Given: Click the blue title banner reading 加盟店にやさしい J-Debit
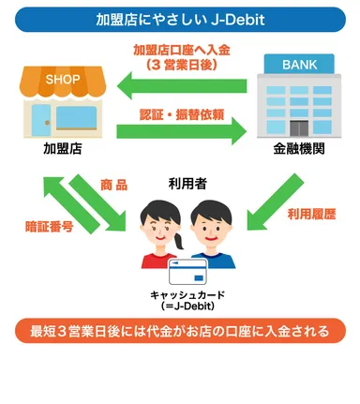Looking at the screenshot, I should click(x=179, y=19).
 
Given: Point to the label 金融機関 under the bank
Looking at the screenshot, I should click(x=299, y=149).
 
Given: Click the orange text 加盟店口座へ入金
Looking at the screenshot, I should click(x=181, y=50).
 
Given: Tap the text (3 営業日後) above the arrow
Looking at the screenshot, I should click(x=181, y=65).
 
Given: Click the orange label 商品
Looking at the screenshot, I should click(x=113, y=187).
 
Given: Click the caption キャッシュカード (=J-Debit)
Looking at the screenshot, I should click(x=184, y=300).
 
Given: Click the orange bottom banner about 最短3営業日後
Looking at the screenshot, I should click(x=180, y=331).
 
